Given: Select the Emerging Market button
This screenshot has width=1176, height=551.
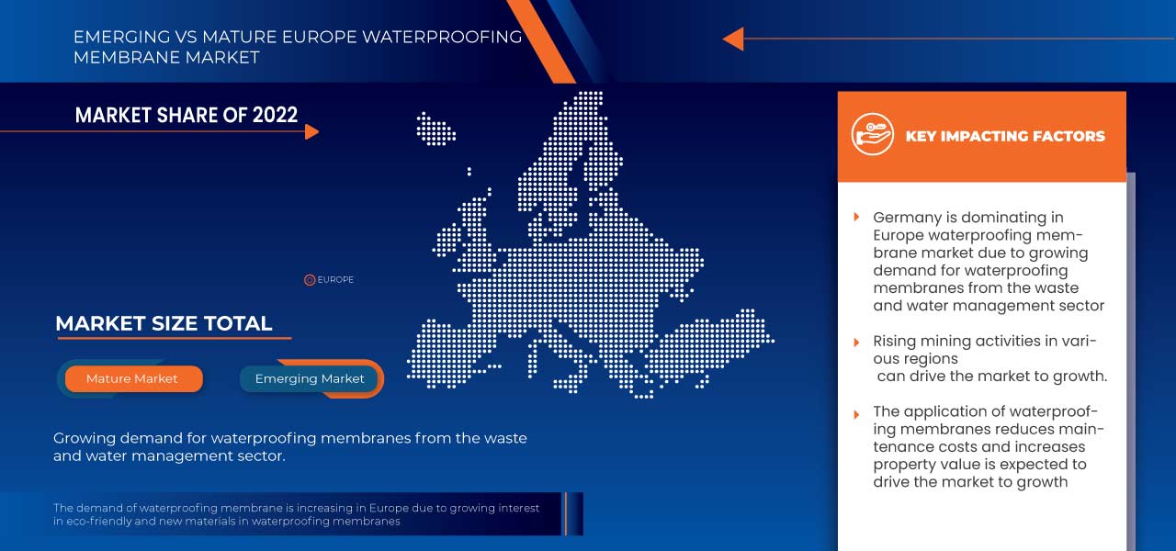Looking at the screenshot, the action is tap(310, 378).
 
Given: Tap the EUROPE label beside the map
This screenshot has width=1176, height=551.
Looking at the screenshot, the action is tap(335, 280).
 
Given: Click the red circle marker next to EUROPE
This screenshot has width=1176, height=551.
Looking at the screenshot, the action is tap(310, 280).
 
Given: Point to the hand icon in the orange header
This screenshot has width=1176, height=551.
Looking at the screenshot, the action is tap(872, 134).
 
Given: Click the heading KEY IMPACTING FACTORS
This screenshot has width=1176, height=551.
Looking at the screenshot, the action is tap(1005, 137).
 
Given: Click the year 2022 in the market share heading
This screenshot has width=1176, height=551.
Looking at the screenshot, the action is tap(275, 115).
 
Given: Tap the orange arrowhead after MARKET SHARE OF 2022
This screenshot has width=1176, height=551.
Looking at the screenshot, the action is tap(311, 131).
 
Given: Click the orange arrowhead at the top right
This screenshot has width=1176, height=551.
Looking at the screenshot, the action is tap(733, 39).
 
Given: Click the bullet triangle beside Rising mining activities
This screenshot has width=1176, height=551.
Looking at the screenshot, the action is tap(856, 343).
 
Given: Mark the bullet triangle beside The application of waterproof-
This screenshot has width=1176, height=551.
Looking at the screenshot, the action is tap(856, 414).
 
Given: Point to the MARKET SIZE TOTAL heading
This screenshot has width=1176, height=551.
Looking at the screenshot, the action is tap(164, 323).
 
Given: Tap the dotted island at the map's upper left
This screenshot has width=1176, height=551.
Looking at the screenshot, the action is tap(435, 129).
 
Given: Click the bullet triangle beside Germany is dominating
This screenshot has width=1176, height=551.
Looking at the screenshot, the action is tap(856, 217).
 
